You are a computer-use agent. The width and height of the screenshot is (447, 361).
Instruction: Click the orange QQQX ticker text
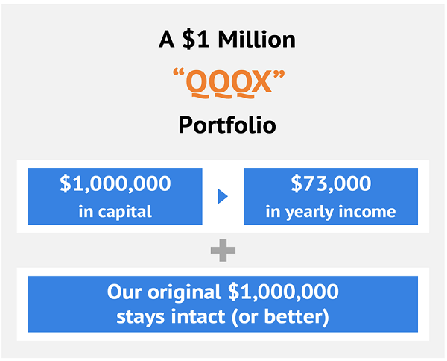[229, 83]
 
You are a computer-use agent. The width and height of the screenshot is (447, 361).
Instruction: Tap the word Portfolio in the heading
[227, 125]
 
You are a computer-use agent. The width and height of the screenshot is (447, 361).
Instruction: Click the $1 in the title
[196, 40]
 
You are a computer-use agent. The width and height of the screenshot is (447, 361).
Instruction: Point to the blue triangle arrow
[223, 196]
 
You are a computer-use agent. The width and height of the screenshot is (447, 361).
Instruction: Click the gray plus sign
[223, 251]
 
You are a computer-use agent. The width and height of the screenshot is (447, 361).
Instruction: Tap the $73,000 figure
[331, 183]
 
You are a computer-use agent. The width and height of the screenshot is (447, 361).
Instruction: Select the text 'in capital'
[115, 212]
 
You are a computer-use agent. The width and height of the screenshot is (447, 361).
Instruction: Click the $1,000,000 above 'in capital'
[115, 183]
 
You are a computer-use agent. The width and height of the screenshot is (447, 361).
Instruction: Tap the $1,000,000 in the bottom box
[283, 292]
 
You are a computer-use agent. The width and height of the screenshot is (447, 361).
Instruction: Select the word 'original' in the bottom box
[184, 292]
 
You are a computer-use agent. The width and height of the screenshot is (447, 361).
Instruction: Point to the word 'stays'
[141, 318]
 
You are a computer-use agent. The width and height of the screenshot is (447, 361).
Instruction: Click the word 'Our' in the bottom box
[124, 292]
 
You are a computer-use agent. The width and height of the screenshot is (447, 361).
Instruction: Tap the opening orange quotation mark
[179, 72]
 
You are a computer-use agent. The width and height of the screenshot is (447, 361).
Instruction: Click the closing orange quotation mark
[279, 75]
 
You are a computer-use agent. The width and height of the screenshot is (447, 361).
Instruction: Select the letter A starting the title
[166, 40]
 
